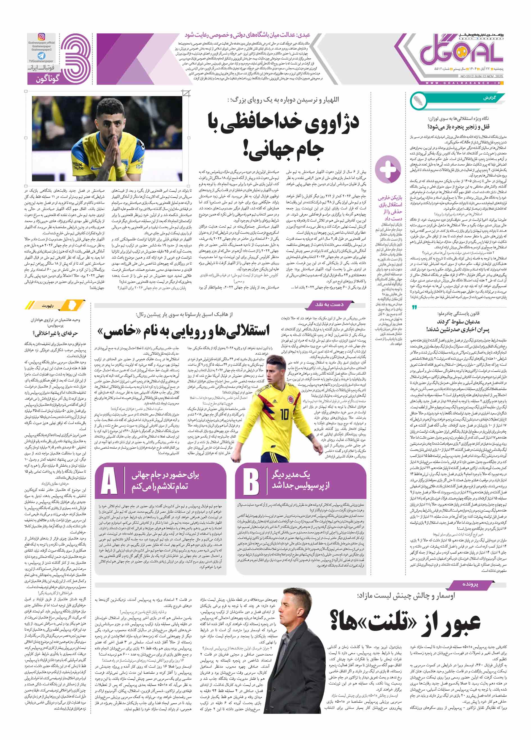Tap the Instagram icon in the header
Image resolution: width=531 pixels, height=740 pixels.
42,36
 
